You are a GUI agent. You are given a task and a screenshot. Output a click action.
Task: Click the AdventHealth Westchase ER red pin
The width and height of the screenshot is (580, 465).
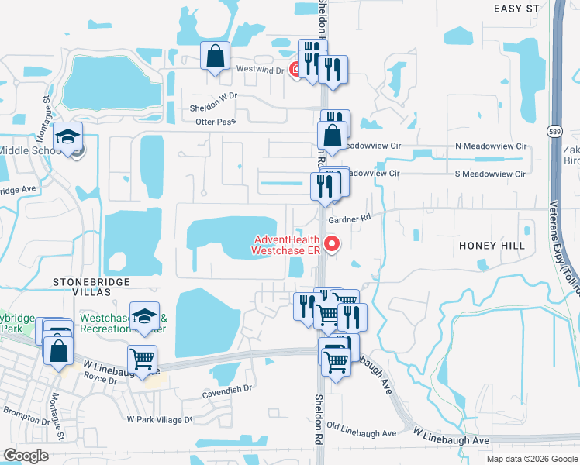pyautogui.click(x=333, y=244)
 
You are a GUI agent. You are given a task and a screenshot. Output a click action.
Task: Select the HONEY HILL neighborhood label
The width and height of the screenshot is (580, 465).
pyautogui.click(x=492, y=246)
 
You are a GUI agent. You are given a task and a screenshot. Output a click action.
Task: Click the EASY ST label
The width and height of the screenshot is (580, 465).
pyautogui.click(x=516, y=8)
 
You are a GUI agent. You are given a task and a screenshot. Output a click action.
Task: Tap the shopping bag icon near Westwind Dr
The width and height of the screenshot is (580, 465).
pyautogui.click(x=216, y=57)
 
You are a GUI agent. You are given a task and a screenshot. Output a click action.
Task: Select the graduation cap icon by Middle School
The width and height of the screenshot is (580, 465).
pyautogui.click(x=69, y=138)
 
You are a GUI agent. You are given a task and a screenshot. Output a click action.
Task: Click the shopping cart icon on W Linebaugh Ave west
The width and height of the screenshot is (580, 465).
pyautogui.click(x=143, y=360)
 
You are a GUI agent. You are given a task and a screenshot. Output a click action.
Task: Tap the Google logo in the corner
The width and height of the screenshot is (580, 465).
pyautogui.click(x=26, y=456)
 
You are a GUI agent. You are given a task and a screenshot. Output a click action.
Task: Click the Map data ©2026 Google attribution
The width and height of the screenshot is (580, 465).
pyautogui.click(x=532, y=459)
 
